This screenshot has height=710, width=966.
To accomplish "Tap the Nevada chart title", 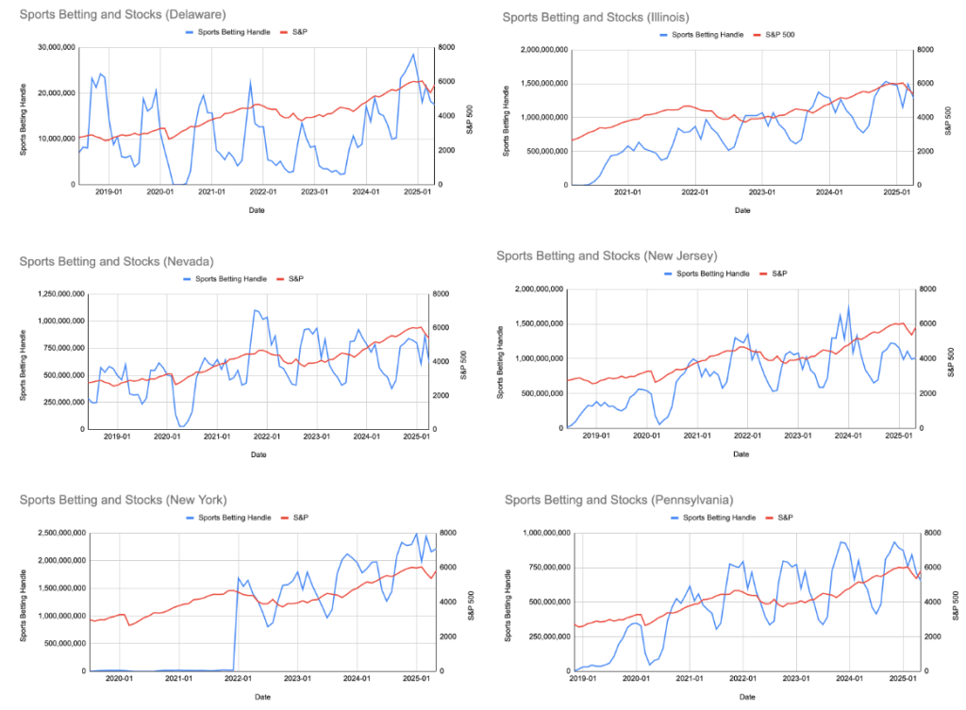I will point(116,261).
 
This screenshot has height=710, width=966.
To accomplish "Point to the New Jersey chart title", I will point(608,256).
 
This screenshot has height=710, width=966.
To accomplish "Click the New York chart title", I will point(123,499).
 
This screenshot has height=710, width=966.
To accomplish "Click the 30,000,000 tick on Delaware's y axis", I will point(49,47).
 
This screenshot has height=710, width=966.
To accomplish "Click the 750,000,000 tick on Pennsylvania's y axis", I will point(541,568).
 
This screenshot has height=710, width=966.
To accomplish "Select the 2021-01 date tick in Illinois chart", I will point(628,192).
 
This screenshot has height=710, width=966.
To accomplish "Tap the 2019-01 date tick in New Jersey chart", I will point(595,437).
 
